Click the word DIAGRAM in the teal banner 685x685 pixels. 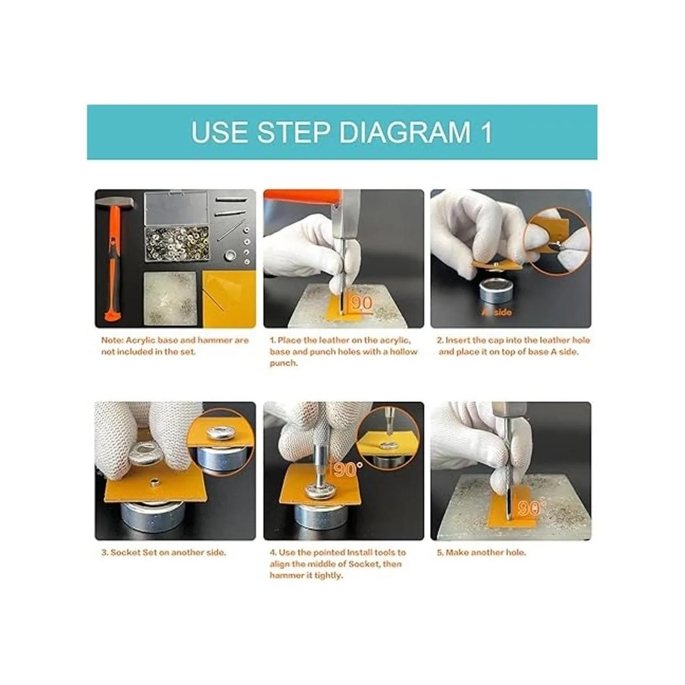point(405,132)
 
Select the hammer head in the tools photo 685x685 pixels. point(115,203)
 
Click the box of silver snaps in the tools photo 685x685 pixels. point(176,244)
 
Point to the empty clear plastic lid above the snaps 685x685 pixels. point(176,208)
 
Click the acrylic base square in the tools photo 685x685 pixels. point(170,298)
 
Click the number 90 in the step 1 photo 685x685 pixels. point(361,303)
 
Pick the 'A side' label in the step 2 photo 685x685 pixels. point(497,312)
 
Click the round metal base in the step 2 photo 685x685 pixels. point(496,291)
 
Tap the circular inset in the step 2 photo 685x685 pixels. point(557,241)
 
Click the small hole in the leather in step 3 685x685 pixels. point(154,482)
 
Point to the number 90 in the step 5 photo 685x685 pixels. point(529,509)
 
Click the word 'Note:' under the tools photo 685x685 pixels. point(112,340)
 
